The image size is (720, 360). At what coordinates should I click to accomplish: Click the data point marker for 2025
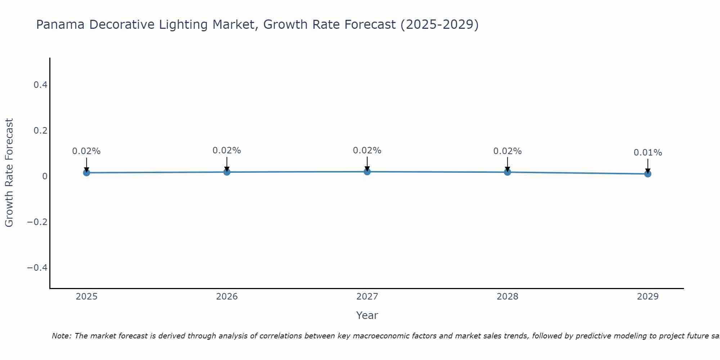[86, 173]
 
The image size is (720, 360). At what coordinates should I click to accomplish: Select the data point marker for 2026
[227, 172]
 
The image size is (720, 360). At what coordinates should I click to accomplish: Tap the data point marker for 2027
[367, 172]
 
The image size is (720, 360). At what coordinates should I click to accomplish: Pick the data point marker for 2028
[507, 172]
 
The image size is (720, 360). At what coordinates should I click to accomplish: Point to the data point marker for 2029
[648, 174]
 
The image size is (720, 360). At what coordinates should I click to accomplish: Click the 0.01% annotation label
[648, 153]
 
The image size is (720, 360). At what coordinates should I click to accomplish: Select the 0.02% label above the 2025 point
[86, 151]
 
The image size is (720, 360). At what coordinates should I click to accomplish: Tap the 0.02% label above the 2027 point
[367, 150]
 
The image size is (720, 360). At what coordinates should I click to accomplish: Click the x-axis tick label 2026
[227, 297]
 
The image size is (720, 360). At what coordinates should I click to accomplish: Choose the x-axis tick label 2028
[507, 297]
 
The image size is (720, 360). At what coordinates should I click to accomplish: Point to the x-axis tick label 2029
[648, 297]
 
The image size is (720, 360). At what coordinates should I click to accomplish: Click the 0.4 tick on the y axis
[40, 85]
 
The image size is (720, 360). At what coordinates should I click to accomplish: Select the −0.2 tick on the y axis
[37, 222]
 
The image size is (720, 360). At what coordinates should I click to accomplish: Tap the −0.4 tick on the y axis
[37, 267]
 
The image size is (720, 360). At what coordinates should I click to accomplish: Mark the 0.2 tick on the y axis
[40, 130]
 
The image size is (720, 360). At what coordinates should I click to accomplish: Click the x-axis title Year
[367, 315]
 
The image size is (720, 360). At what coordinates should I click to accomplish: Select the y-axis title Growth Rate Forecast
[9, 173]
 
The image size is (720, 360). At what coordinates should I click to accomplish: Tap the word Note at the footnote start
[61, 336]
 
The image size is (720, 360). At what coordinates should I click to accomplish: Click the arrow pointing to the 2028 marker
[507, 164]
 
